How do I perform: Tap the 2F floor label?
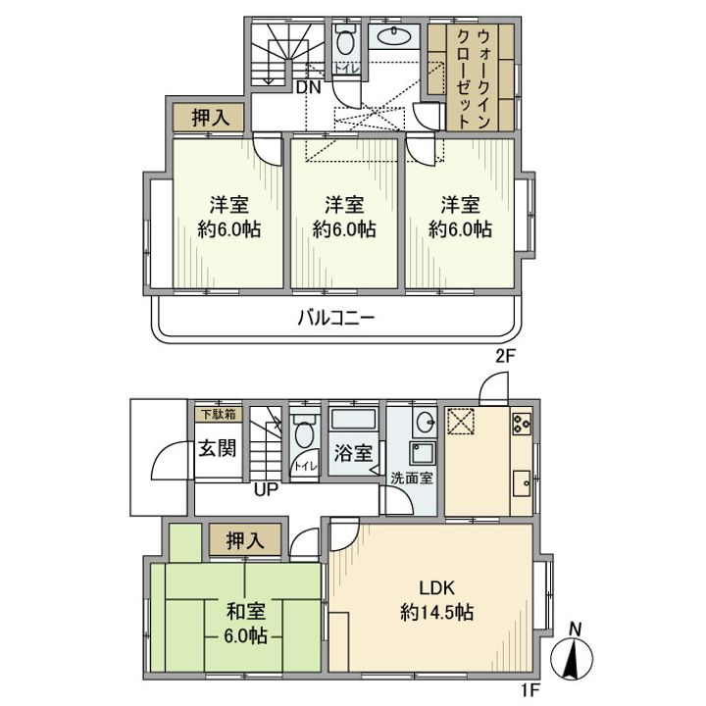(505, 357)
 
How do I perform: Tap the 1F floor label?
(529, 689)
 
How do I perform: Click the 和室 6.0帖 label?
(245, 623)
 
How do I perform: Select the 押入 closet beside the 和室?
(245, 539)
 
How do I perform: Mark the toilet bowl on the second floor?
(345, 43)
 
